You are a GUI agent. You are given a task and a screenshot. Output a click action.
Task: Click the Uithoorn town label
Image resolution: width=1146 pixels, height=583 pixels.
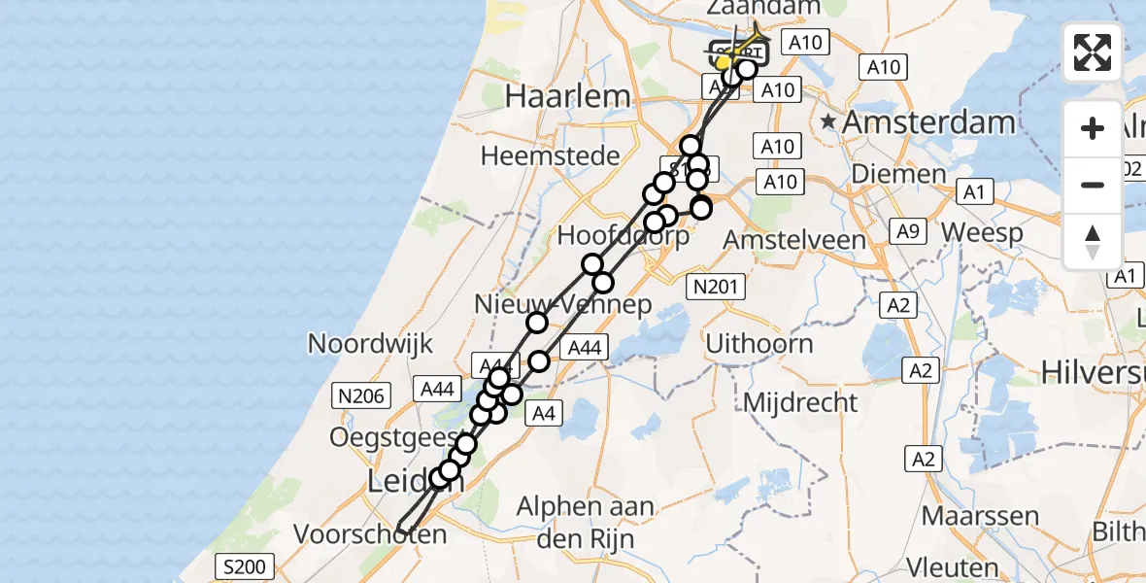tap(759, 343)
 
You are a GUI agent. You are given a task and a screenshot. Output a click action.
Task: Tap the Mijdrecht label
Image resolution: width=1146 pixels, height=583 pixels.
tap(802, 401)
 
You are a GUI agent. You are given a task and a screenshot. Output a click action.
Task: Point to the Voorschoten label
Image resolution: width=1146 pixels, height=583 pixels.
tap(370, 534)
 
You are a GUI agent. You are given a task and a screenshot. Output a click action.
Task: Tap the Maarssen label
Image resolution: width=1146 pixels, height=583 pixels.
tap(980, 516)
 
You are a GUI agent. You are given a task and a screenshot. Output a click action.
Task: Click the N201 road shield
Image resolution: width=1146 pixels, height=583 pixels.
tap(716, 286)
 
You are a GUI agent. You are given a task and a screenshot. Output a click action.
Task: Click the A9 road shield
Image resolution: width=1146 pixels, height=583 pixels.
tap(907, 231)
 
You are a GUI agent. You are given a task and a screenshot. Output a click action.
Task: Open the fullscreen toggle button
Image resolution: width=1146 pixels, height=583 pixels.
tap(1093, 52)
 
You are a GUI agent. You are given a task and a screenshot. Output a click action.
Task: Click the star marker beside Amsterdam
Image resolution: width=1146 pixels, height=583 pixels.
tap(827, 122)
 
